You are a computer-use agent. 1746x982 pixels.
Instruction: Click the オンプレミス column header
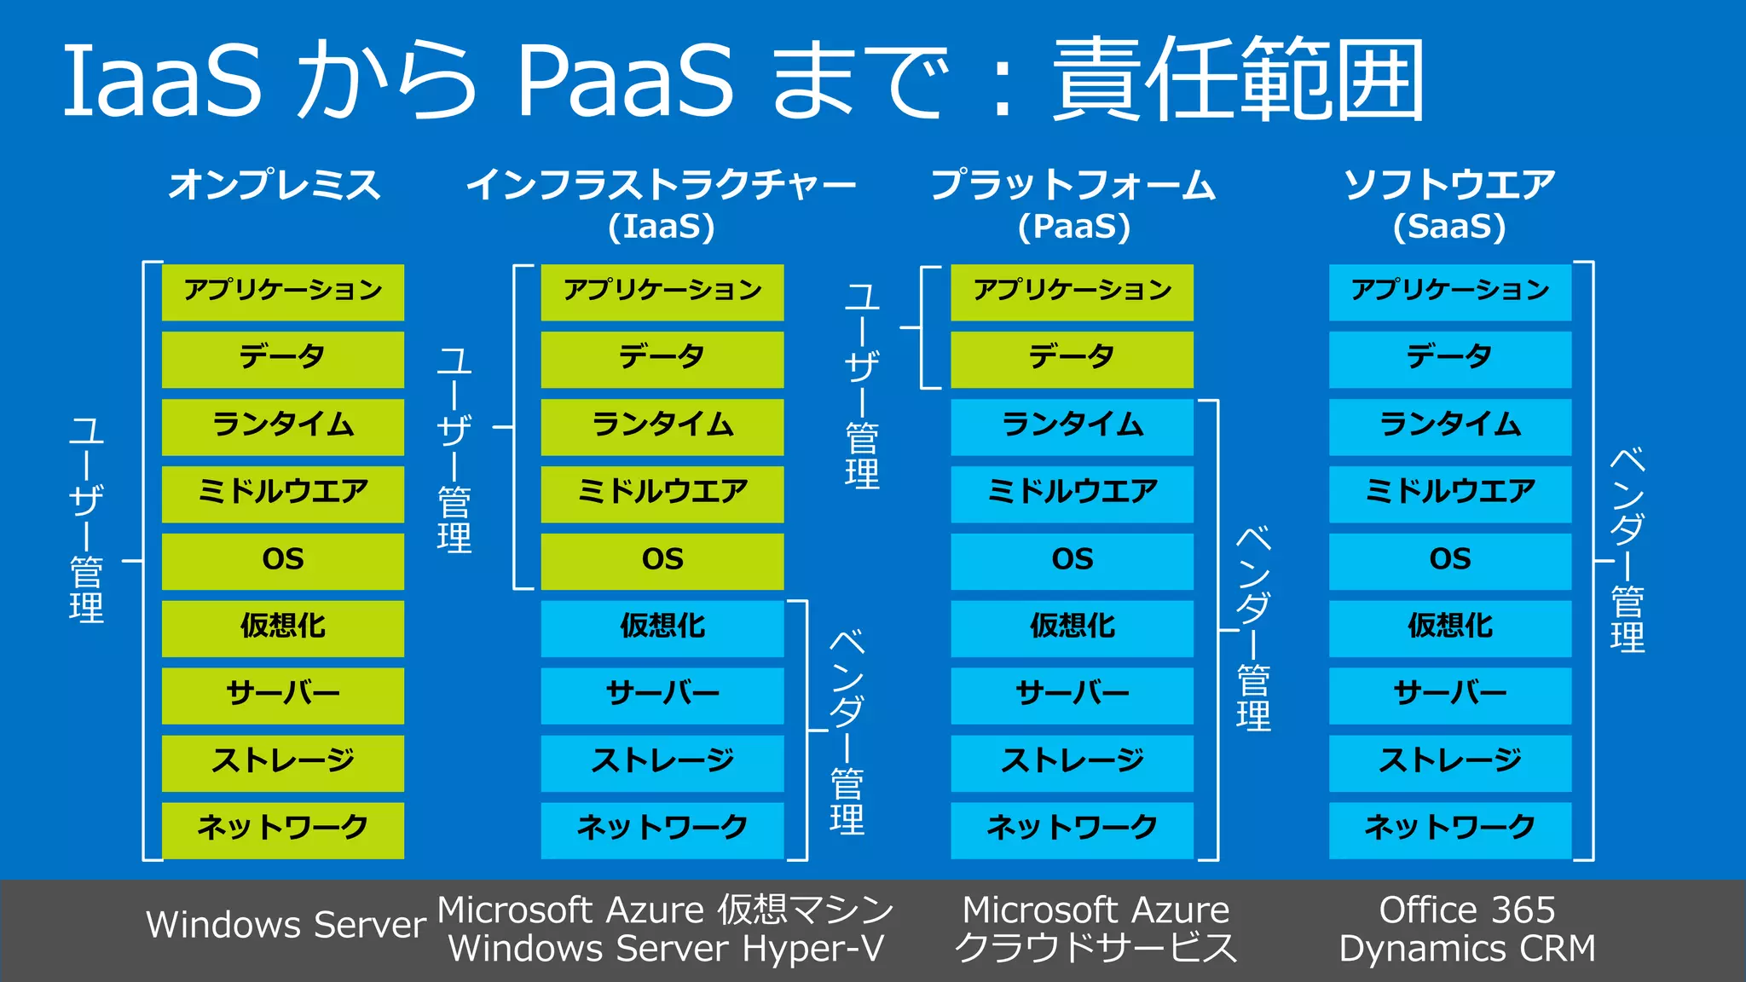(x=275, y=185)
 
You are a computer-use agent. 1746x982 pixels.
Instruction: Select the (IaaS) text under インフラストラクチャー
(x=662, y=227)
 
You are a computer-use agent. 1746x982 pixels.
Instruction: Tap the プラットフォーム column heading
(x=1072, y=185)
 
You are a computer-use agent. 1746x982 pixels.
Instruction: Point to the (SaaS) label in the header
(x=1449, y=227)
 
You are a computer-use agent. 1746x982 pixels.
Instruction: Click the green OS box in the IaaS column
(x=662, y=560)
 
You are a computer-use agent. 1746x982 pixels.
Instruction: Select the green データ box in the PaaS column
(x=1072, y=358)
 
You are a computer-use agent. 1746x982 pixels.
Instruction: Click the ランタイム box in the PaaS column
(x=1072, y=425)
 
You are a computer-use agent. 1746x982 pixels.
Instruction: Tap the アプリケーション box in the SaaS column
(x=1449, y=292)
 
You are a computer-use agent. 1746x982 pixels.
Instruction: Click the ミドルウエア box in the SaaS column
(x=1449, y=493)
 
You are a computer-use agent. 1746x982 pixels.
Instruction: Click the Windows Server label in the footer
(x=286, y=925)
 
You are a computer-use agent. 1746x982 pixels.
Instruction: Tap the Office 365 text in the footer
(x=1467, y=910)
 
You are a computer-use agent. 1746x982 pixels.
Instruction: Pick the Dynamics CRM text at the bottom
(x=1467, y=949)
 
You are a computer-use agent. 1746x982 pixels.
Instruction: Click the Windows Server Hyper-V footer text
(x=666, y=949)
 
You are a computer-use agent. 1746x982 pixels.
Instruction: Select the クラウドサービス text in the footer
(x=1096, y=949)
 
